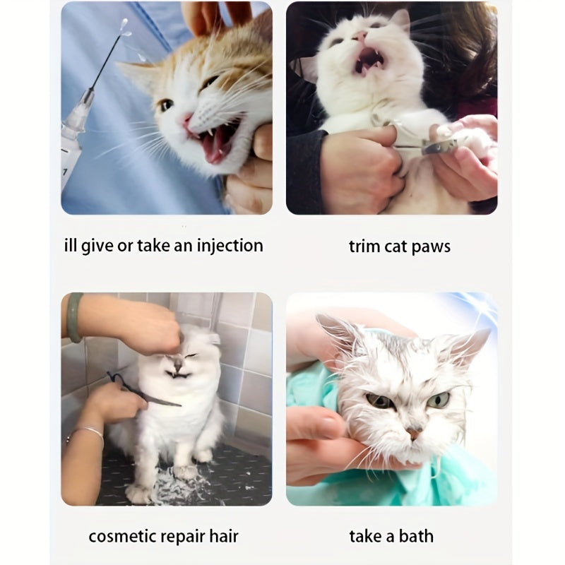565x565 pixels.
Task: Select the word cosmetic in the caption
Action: point(123,536)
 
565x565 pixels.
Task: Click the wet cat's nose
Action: point(412,432)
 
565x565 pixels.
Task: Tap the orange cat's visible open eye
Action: point(165,105)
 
